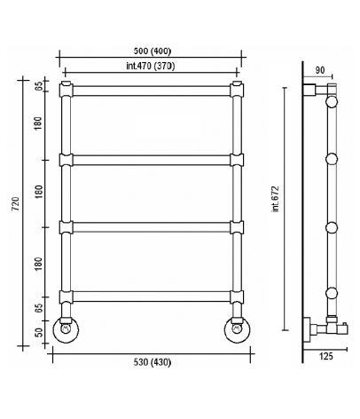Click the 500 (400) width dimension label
click(153, 51)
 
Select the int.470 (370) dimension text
click(151, 66)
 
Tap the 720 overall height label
click(15, 204)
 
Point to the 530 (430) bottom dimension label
click(153, 362)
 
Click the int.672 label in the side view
click(276, 199)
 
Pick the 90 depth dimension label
click(320, 70)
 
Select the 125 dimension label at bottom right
click(325, 356)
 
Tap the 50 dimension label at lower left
click(39, 333)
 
